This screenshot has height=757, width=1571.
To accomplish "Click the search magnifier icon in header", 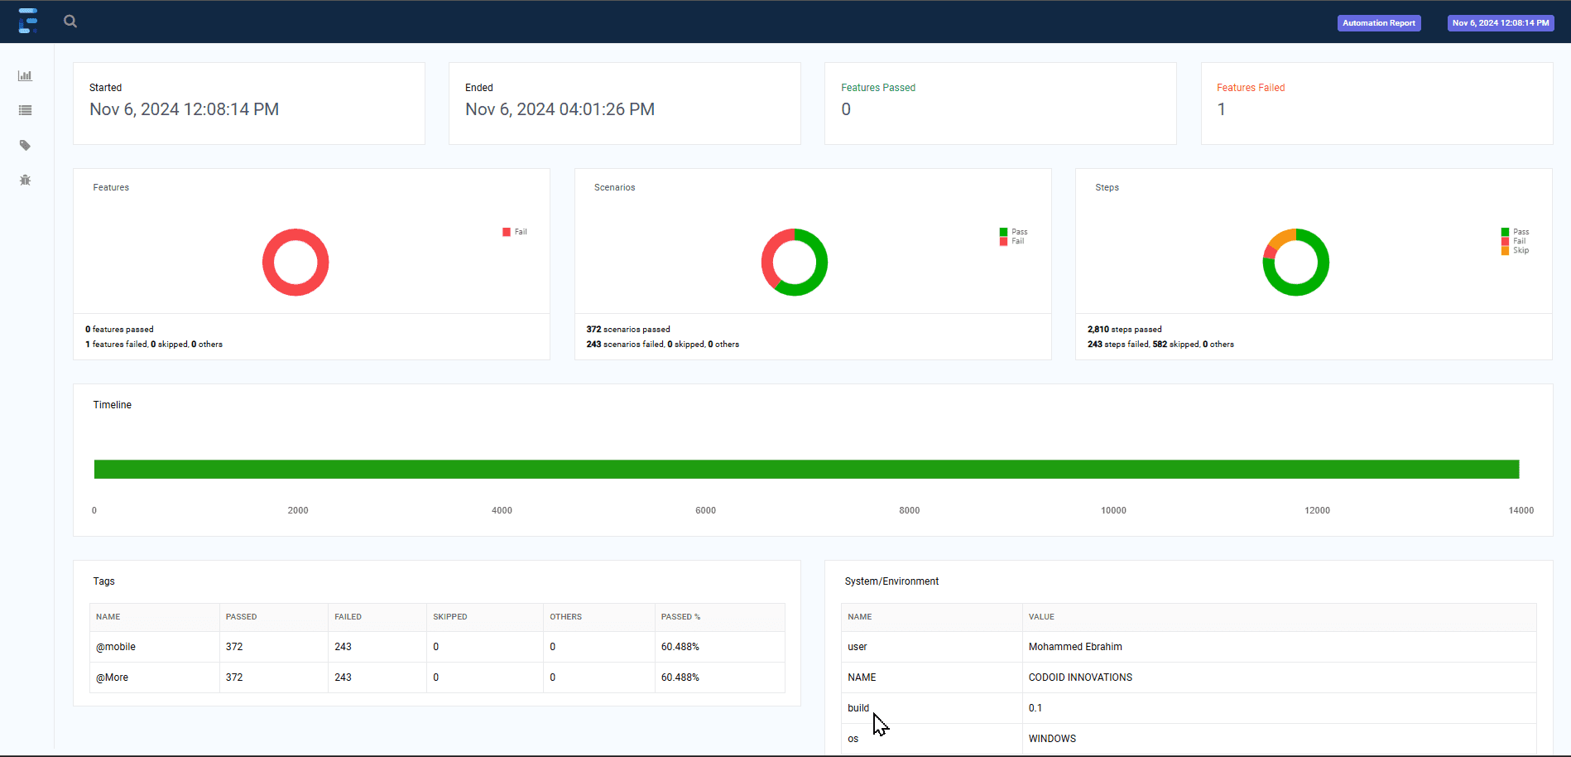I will [x=70, y=22].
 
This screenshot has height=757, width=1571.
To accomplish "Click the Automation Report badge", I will [x=1378, y=23].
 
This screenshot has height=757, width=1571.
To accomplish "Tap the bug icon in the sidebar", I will [x=26, y=180].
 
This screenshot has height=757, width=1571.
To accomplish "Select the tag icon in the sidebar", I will [x=26, y=145].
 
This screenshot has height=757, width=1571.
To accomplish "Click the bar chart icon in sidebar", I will [x=26, y=76].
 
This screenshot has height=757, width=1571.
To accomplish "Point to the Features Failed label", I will [x=1250, y=88].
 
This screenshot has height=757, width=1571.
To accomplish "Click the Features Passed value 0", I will [x=846, y=109].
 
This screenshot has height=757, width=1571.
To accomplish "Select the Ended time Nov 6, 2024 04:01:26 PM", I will [x=560, y=109].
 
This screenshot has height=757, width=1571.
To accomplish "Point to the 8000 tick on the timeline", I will [x=909, y=510].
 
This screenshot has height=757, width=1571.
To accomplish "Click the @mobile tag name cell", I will [x=116, y=647].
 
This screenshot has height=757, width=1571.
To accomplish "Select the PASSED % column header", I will [x=680, y=617].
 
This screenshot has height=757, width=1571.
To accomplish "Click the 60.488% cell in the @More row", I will [x=680, y=677].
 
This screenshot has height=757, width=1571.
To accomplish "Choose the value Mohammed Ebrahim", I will [x=1075, y=647].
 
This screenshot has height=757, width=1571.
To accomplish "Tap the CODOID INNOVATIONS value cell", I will [x=1080, y=677].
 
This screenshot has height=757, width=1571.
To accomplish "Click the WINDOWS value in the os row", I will [x=1052, y=739].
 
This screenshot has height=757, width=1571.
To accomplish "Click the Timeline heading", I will [x=113, y=405].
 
